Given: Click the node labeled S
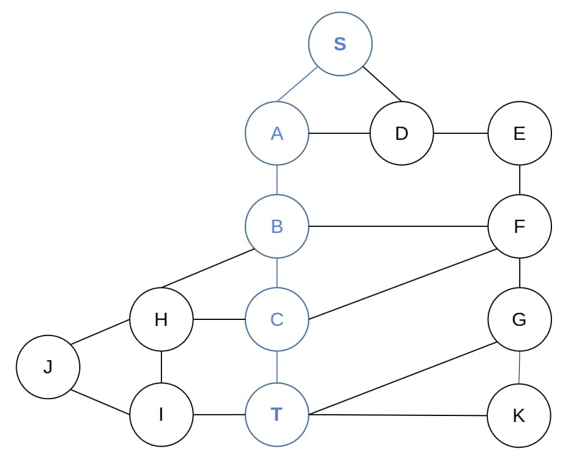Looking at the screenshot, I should tap(340, 44).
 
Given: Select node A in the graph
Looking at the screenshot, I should tap(277, 133).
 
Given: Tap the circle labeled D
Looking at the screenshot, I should tap(401, 133).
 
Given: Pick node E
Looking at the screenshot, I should tap(519, 133).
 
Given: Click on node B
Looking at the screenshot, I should tap(277, 226).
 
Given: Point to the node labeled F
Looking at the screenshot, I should tap(519, 226).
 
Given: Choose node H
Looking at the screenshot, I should tap(161, 319).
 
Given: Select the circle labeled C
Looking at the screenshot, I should tap(277, 319).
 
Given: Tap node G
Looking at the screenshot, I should tap(519, 319).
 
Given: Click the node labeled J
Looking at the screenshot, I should tap(48, 367).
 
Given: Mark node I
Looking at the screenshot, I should tap(161, 415).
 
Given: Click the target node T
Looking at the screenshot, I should tap(277, 415).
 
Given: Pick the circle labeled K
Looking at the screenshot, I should tap(519, 415).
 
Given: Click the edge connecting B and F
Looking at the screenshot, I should tap(398, 226).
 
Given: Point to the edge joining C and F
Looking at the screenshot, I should tap(402, 284).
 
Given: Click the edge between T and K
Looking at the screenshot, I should tap(398, 415).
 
